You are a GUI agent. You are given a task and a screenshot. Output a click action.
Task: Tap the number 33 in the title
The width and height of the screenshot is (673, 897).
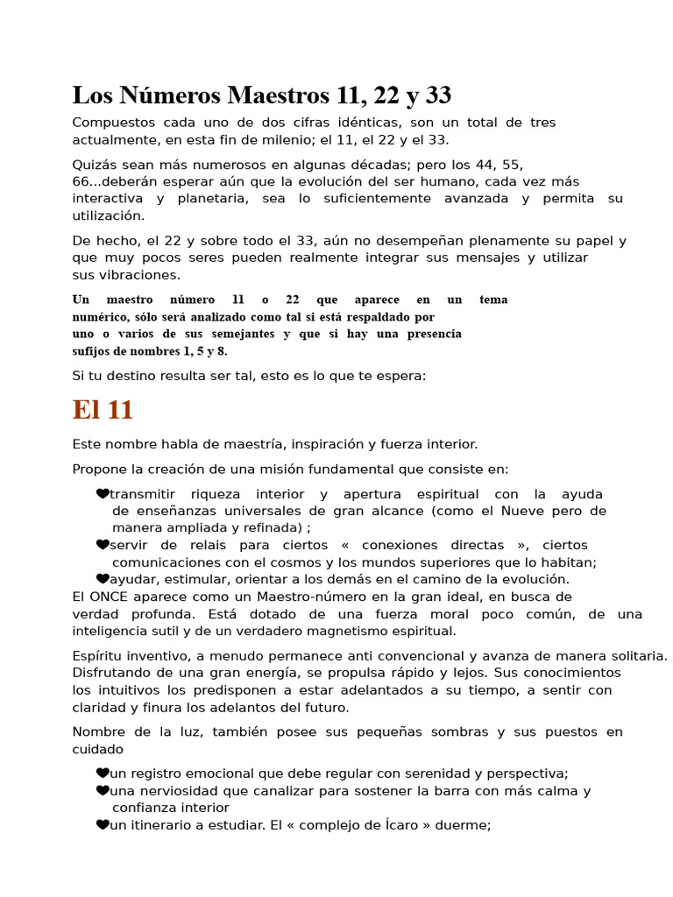tap(435, 95)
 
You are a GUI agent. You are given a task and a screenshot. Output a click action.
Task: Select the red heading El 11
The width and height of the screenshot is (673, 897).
tap(103, 410)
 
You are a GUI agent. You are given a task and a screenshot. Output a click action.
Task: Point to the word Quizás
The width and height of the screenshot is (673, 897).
tap(96, 165)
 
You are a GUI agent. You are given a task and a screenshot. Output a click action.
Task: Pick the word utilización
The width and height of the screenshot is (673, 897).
tap(109, 215)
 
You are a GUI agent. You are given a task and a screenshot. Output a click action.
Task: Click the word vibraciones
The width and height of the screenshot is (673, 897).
tap(134, 275)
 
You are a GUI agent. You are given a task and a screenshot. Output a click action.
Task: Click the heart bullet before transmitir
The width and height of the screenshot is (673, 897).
tap(103, 494)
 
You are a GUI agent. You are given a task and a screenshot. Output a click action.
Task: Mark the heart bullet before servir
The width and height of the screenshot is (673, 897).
tap(103, 545)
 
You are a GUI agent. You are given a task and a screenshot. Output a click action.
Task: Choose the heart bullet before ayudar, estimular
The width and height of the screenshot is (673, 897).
tap(103, 579)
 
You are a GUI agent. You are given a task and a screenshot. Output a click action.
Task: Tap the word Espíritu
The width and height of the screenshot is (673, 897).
tap(99, 655)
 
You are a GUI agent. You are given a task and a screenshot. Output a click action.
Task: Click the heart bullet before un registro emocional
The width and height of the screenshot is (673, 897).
tap(103, 773)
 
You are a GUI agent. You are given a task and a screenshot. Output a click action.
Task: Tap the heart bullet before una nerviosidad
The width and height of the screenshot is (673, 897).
tap(103, 791)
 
